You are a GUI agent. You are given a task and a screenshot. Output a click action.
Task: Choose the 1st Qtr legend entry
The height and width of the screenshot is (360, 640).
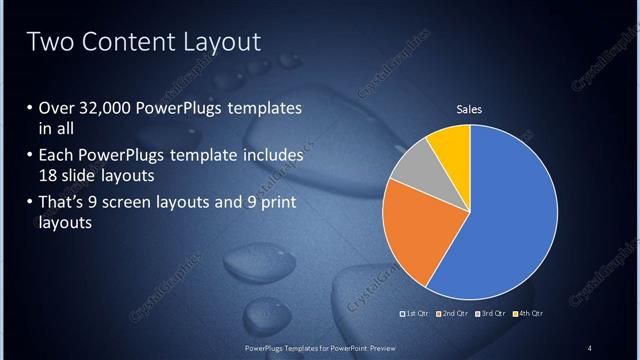pos(415,314)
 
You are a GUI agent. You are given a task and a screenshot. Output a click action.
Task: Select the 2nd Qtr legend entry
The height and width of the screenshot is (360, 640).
pos(451,314)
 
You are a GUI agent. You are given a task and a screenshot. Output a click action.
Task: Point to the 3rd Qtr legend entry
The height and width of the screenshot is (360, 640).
pos(489,314)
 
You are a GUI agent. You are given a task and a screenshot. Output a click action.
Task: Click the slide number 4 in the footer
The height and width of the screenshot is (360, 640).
pos(589,347)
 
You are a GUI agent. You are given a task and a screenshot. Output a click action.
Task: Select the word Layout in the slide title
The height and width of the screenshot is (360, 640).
pos(216,42)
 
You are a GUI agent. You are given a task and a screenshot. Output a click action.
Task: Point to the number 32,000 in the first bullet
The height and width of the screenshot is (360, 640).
pos(110,108)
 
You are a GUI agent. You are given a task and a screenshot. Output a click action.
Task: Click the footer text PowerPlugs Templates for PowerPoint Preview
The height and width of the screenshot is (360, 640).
pos(319,347)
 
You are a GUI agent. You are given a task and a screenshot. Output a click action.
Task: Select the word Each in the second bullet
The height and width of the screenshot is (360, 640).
pos(56,156)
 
